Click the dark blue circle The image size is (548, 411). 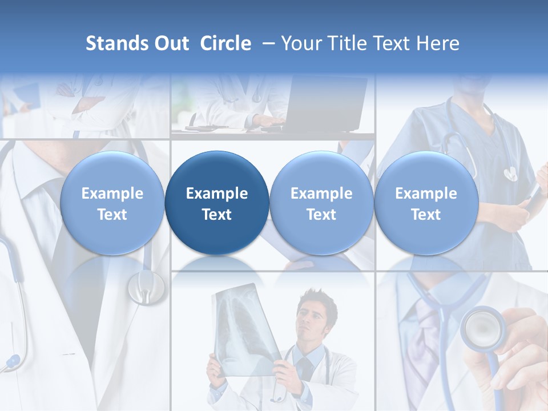(217, 203)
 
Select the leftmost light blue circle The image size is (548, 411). (112, 203)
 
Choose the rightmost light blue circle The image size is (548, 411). (426, 203)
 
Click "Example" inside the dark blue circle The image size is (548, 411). (217, 194)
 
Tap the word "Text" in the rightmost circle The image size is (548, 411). (426, 215)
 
